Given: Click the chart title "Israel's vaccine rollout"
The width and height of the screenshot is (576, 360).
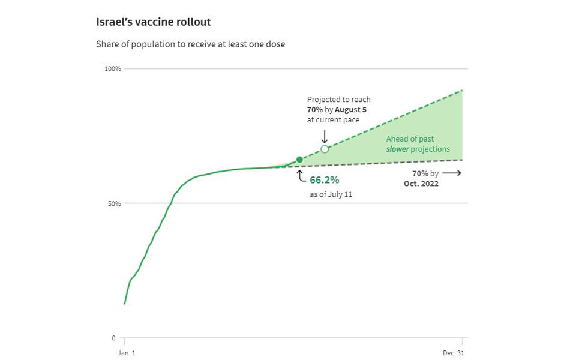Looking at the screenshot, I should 153,22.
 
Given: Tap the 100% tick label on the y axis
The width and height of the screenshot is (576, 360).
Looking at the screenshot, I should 113,69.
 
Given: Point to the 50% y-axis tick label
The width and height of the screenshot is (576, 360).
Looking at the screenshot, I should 115,203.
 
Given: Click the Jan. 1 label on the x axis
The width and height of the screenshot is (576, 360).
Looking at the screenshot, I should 126,353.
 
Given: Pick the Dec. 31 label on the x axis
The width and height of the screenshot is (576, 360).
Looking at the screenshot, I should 454,353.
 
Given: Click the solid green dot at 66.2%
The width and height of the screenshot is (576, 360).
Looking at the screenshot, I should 299,160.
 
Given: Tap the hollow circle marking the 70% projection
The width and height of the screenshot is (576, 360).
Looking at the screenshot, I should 325,149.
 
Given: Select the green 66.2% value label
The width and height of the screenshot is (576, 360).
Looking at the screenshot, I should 325,179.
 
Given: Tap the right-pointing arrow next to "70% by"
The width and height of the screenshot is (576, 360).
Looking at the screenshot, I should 451,173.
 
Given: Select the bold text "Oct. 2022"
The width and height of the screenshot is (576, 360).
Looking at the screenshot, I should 421,184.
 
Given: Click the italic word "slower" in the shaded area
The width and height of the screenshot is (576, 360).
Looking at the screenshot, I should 397,149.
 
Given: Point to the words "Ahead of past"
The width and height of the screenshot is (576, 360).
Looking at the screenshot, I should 410,139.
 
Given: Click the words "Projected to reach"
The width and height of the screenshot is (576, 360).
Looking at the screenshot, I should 339,100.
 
